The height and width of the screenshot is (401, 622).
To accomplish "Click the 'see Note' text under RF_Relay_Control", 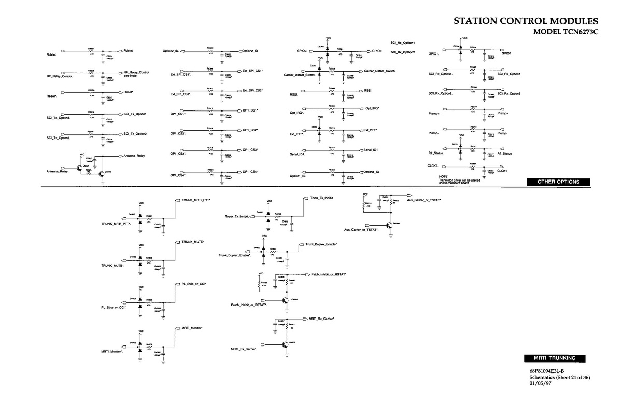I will [x=129, y=76].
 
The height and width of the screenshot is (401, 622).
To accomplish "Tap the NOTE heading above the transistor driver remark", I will [x=443, y=176].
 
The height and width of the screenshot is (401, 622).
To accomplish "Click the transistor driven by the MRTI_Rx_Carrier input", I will [x=285, y=344].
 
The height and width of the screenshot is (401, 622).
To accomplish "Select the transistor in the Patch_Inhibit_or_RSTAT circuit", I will [x=285, y=300].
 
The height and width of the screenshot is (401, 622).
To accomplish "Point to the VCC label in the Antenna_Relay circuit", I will [x=82, y=154].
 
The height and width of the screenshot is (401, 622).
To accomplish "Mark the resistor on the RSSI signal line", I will [x=332, y=91].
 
